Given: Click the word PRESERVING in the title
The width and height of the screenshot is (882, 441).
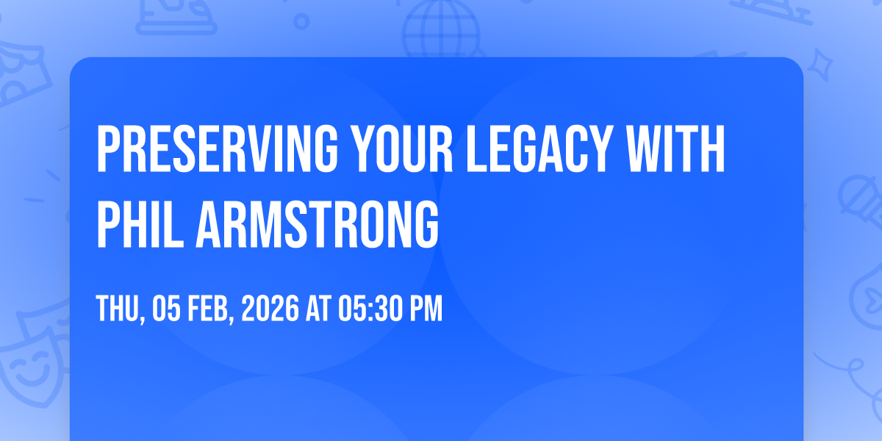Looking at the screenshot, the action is click(217, 148).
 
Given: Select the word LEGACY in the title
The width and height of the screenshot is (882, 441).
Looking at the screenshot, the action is click(539, 148).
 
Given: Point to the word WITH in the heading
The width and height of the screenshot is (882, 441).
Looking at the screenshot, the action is click(675, 148).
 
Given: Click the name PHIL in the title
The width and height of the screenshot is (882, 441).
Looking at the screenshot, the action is click(140, 223).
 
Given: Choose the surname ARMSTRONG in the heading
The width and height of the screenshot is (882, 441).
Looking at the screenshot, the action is click(318, 223).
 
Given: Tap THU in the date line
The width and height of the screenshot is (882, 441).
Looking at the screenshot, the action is click(120, 309).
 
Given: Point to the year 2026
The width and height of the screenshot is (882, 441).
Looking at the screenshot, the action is click(270, 308).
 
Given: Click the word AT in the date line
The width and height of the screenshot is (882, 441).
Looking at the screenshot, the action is click(319, 308).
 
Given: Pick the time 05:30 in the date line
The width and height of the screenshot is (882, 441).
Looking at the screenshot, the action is click(370, 308).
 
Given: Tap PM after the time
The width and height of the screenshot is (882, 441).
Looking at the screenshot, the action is click(426, 308).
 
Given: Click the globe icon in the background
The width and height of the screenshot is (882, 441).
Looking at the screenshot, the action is click(441, 29).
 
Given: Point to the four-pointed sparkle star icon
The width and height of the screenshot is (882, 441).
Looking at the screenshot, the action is click(820, 65).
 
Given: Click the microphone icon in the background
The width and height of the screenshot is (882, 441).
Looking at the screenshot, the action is click(861, 201).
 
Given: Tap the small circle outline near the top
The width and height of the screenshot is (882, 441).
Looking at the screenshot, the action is click(301, 21).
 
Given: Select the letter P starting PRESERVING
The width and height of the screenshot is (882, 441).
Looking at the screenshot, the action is click(108, 148).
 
